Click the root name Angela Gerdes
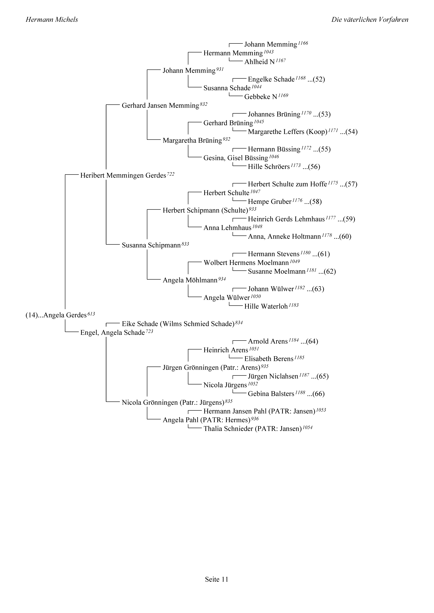click(65, 315)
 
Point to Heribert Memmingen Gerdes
click(123, 176)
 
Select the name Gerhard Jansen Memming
click(160, 106)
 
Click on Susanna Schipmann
click(151, 245)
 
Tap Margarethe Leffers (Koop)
click(288, 132)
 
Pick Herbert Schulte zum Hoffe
click(287, 184)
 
